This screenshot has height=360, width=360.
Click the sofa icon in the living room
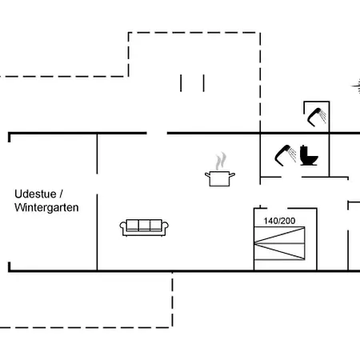pyautogui.click(x=144, y=227)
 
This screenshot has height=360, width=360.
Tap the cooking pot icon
pyautogui.click(x=220, y=178)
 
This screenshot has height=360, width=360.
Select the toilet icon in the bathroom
pyautogui.click(x=309, y=155)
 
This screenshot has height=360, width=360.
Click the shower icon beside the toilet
pyautogui.click(x=286, y=155)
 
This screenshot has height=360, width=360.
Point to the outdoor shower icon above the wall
pyautogui.click(x=317, y=117)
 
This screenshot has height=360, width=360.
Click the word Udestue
pyautogui.click(x=35, y=194)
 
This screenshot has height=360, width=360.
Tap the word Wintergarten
pyautogui.click(x=46, y=207)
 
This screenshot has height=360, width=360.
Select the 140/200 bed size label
pyautogui.click(x=279, y=221)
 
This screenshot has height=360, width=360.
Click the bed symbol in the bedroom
pyautogui.click(x=279, y=243)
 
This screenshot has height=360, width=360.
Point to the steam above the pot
pyautogui.click(x=221, y=161)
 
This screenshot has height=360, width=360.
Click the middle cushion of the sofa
pyautogui.click(x=144, y=225)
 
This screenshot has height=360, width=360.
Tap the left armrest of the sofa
pyautogui.click(x=122, y=226)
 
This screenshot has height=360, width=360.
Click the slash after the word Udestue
pyautogui.click(x=61, y=194)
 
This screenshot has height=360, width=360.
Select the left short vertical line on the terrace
pyautogui.click(x=181, y=83)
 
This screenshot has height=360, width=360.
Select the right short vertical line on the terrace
pyautogui.click(x=204, y=83)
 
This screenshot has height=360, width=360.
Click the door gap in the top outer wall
pyautogui.click(x=157, y=133)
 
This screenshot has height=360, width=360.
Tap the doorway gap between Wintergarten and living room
pyautogui.click(x=97, y=184)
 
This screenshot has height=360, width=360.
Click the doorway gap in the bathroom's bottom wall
pyautogui.click(x=291, y=177)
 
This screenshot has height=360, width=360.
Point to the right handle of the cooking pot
pyautogui.click(x=232, y=175)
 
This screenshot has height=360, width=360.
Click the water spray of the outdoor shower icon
pyautogui.click(x=323, y=116)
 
